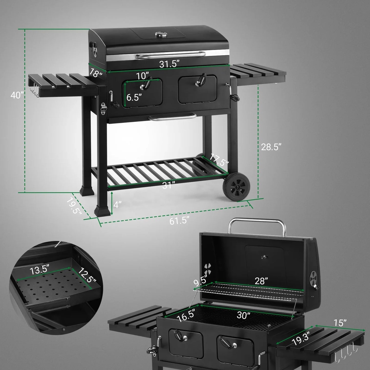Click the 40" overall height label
pyautogui.click(x=17, y=95)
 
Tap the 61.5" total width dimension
pyautogui.click(x=179, y=220)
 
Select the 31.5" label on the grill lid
pyautogui.click(x=169, y=64)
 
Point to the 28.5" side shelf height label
pyautogui.click(x=271, y=147)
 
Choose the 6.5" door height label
pyautogui.click(x=134, y=98)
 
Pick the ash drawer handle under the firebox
pyautogui.click(x=171, y=117)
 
